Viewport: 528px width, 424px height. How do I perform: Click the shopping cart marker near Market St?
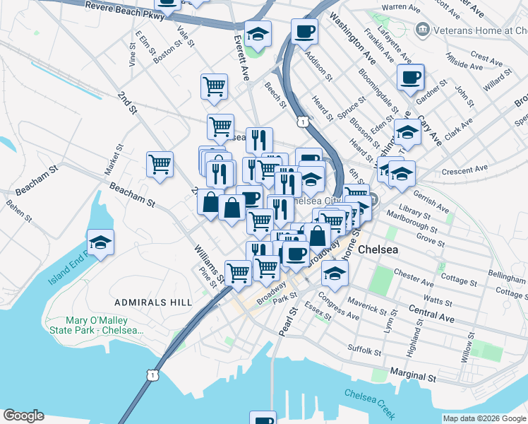tap(160, 164)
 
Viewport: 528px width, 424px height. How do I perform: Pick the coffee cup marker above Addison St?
tap(304, 31)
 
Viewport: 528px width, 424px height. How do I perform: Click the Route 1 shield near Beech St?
tap(303, 122)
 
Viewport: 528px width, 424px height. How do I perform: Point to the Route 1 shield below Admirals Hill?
tap(152, 375)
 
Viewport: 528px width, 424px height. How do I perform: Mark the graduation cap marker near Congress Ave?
tap(335, 272)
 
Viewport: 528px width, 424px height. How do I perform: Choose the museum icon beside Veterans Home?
tap(423, 29)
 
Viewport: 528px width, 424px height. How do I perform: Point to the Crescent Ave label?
tap(464, 170)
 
